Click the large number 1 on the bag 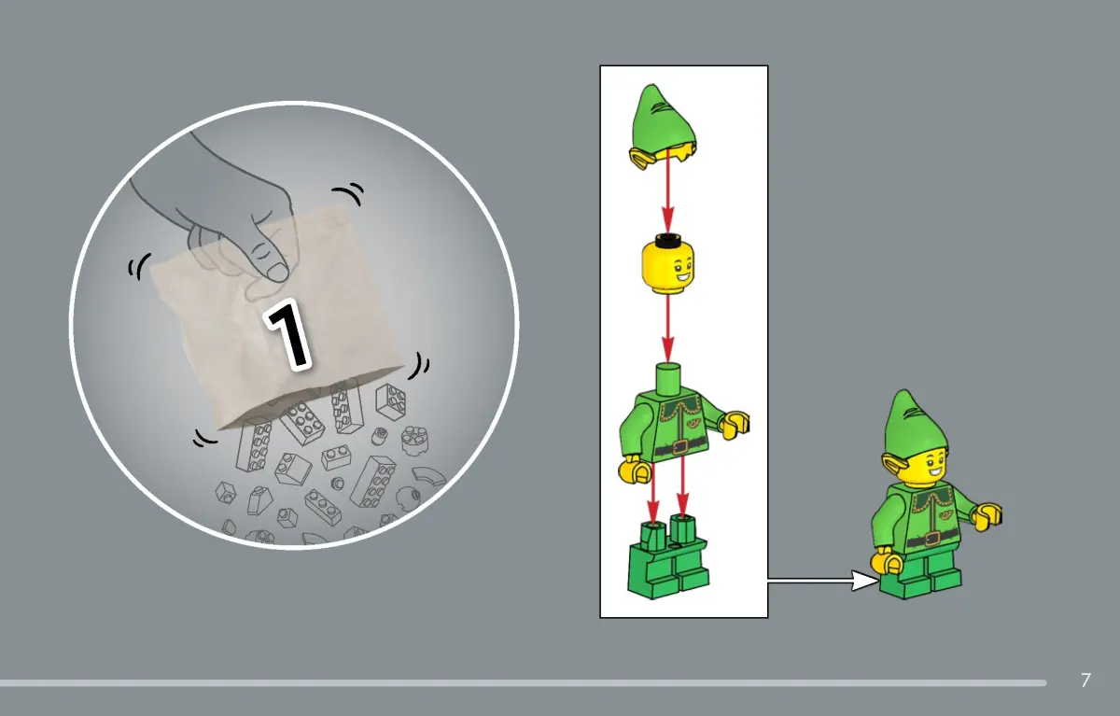pyautogui.click(x=288, y=335)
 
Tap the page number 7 pyautogui.click(x=1085, y=680)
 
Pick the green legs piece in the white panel pyautogui.click(x=668, y=556)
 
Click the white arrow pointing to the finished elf pyautogui.click(x=823, y=581)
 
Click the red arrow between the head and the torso pyautogui.click(x=667, y=329)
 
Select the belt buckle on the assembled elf pyautogui.click(x=931, y=539)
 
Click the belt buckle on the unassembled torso pyautogui.click(x=679, y=446)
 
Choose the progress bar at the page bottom pyautogui.click(x=523, y=683)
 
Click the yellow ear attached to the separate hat pyautogui.click(x=641, y=158)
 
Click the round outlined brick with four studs pyautogui.click(x=415, y=441)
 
